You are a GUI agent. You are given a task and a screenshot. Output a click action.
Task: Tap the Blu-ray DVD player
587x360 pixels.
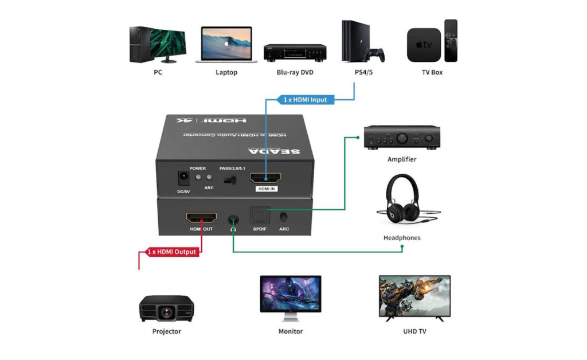point(295,52)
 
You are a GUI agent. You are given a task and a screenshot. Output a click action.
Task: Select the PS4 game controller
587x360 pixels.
point(375,55)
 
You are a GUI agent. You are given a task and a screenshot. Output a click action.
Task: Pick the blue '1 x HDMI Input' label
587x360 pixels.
point(305,100)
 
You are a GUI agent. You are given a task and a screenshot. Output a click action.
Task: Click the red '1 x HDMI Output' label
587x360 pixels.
point(172,252)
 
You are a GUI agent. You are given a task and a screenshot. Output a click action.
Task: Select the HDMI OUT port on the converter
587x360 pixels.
point(201,218)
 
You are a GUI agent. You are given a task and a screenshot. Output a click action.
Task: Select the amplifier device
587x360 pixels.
point(401,138)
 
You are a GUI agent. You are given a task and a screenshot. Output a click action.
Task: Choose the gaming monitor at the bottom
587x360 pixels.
point(290,295)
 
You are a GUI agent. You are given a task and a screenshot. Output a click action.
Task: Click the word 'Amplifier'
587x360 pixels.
point(402,159)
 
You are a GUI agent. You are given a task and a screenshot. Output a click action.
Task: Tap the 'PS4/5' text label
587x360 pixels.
point(363,73)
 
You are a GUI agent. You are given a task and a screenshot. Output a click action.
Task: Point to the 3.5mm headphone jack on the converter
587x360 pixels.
point(233,219)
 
